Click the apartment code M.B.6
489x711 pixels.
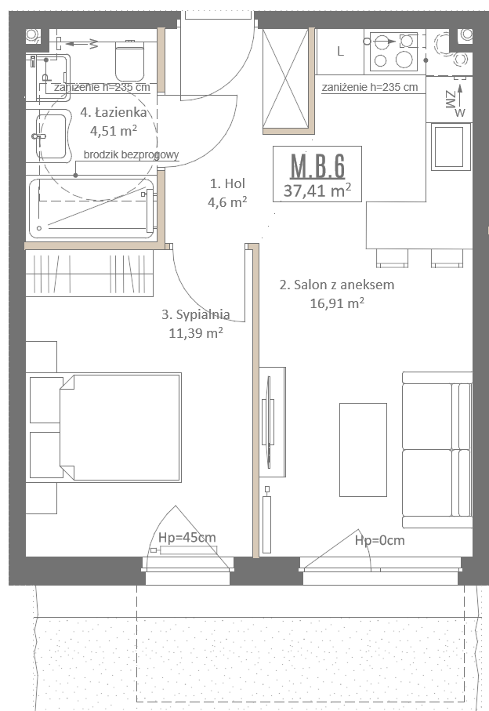pos(317,166)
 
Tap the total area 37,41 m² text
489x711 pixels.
pos(317,190)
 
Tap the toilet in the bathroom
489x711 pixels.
pos(130,60)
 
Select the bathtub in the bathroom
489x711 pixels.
pos(92,209)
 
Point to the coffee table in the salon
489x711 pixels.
pos(363,449)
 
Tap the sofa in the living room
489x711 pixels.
pos(437,449)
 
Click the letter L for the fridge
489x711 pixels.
pos(340,51)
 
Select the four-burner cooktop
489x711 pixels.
pos(394,51)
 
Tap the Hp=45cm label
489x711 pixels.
pos(187,538)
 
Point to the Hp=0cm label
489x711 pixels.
pos(380,540)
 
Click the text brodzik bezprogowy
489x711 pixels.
pos(132,154)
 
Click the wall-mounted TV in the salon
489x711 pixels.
pos(269,423)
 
